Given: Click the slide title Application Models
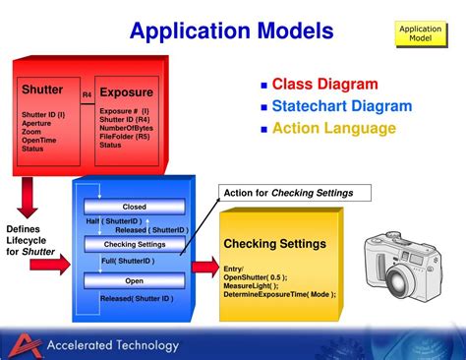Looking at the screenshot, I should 232,31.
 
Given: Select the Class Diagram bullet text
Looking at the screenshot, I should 324,85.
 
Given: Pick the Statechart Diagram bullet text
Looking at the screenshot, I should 341,106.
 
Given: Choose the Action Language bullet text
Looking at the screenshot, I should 333,128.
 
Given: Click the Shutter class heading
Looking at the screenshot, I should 42,90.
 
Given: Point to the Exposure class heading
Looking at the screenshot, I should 126,92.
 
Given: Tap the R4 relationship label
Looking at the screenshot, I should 87,94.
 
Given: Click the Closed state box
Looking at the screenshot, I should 134,207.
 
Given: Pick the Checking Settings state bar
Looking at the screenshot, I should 134,244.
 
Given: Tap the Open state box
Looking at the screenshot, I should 134,280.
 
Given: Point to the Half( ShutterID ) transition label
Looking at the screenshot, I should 114,222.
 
